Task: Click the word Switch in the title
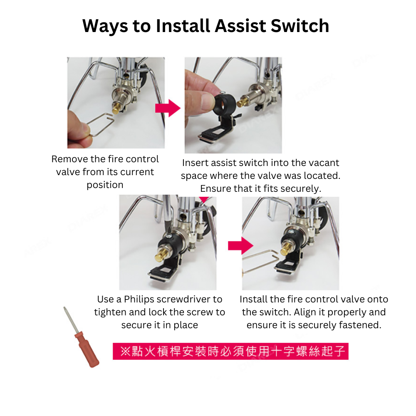pyautogui.click(x=300, y=26)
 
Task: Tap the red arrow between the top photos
pyautogui.click(x=167, y=108)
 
